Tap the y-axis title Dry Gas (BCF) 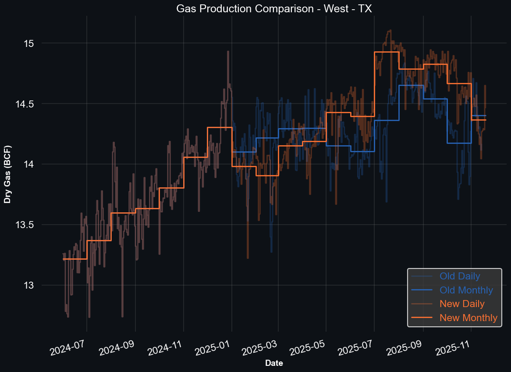click(x=7, y=174)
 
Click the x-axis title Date click(x=274, y=363)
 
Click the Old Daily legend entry click(x=460, y=276)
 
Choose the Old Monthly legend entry click(x=466, y=290)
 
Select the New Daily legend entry click(x=462, y=304)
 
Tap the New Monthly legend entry click(x=468, y=318)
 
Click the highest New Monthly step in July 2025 click(x=386, y=52)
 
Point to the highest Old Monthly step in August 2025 click(x=411, y=86)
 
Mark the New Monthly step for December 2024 click(x=220, y=128)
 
